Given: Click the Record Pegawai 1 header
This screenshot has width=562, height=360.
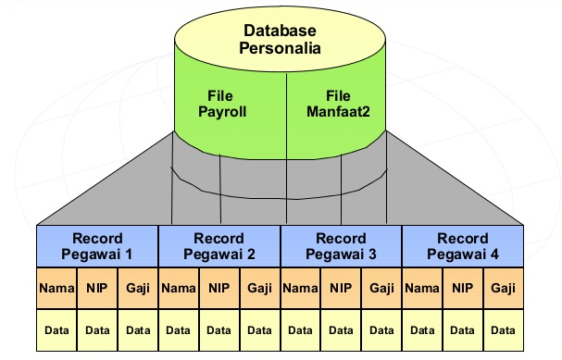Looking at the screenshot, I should click(97, 246).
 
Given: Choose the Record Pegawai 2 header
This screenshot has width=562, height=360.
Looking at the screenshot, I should click(219, 246).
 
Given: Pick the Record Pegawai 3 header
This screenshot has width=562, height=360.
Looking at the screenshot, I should click(341, 246).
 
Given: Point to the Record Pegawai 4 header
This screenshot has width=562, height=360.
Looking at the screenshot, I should click(462, 246).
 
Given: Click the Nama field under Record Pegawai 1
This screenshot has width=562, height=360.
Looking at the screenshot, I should click(56, 290).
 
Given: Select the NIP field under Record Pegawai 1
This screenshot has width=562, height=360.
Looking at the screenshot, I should click(97, 290).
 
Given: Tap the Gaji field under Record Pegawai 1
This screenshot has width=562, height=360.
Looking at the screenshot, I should click(138, 290).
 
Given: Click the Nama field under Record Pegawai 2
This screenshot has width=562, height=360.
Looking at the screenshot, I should click(179, 290).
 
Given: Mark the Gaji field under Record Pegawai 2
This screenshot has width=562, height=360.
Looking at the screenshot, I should click(259, 290).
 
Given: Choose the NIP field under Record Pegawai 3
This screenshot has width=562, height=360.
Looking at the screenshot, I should click(341, 290).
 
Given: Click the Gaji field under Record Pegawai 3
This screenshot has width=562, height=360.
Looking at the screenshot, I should click(381, 290).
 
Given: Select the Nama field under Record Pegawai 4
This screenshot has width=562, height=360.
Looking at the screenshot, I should click(421, 290).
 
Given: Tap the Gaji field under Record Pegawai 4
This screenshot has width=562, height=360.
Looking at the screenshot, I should click(503, 290).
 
